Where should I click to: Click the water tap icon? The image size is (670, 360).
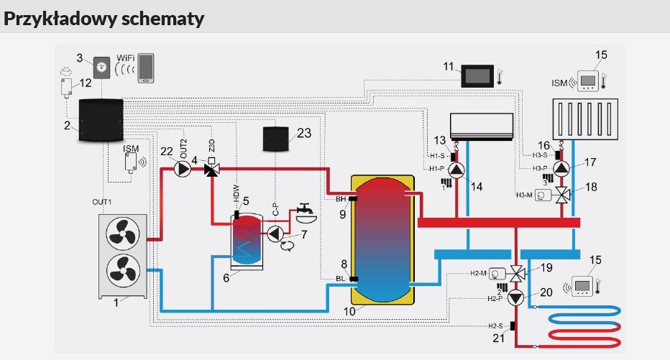click(304, 211)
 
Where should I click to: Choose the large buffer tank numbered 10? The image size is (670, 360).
click(382, 239)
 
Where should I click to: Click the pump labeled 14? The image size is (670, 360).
click(456, 170)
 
